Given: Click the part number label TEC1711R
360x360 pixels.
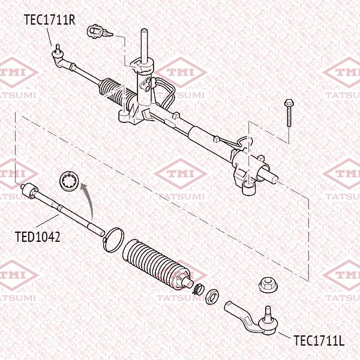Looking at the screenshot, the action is click(49, 19).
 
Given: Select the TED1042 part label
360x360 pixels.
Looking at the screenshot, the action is click(37, 236).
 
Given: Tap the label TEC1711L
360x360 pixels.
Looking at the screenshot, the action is click(319, 341).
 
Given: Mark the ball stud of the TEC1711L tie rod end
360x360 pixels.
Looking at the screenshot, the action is click(268, 311).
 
